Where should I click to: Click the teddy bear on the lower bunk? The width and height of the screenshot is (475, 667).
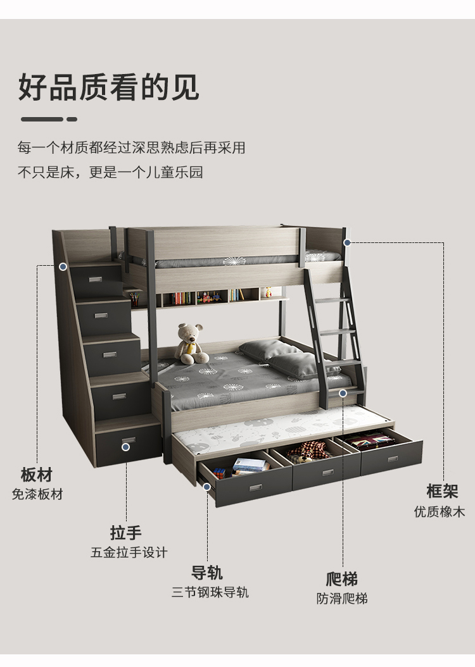tap(191, 344)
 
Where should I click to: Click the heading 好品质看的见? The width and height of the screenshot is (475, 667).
tap(108, 87)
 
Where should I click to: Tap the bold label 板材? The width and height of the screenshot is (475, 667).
tap(36, 475)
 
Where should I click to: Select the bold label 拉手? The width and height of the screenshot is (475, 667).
tap(125, 532)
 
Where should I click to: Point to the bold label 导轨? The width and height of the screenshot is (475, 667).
tap(207, 573)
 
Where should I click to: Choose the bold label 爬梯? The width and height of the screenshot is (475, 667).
tap(342, 578)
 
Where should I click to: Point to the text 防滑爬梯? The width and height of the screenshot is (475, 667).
tap(342, 598)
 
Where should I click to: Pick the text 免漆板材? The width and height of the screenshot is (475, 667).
tap(37, 494)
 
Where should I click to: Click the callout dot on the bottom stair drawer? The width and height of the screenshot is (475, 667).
tap(125, 447)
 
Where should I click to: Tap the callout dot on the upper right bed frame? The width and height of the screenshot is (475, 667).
tap(347, 242)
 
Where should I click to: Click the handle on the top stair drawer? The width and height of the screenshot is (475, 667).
tap(96, 278)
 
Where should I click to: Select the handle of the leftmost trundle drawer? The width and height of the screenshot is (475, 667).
tap(256, 487)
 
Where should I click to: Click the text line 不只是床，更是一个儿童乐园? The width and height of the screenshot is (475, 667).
tap(110, 172)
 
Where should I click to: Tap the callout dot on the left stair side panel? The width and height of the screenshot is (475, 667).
tap(63, 266)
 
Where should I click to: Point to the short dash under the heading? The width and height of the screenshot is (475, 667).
tap(72, 119)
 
